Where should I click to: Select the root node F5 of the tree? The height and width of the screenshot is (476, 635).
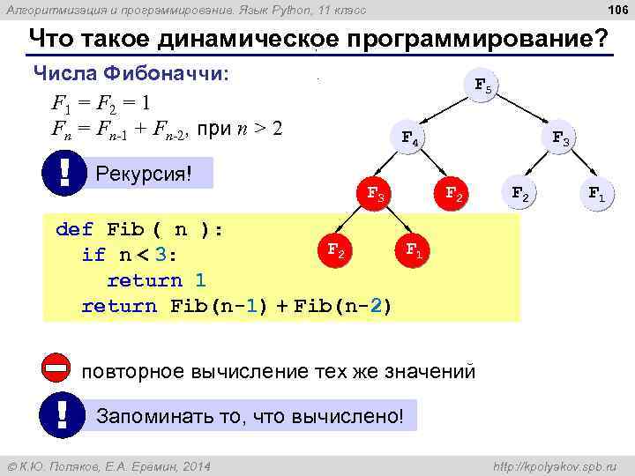point(484,86)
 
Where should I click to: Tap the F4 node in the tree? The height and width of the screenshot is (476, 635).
point(410,138)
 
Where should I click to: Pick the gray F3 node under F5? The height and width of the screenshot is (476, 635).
point(561,138)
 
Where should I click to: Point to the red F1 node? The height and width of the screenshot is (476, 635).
point(413,251)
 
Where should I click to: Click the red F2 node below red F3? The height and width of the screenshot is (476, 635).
point(335,250)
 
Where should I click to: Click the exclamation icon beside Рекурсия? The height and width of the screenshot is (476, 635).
point(63,170)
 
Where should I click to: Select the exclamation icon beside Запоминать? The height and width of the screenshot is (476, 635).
point(62,413)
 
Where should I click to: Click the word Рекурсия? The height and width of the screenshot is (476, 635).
point(143,172)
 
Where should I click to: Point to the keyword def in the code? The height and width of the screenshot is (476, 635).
point(74,230)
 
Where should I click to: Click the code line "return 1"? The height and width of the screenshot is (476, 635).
point(156,280)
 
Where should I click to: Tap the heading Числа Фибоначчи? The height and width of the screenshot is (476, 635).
point(131,73)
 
